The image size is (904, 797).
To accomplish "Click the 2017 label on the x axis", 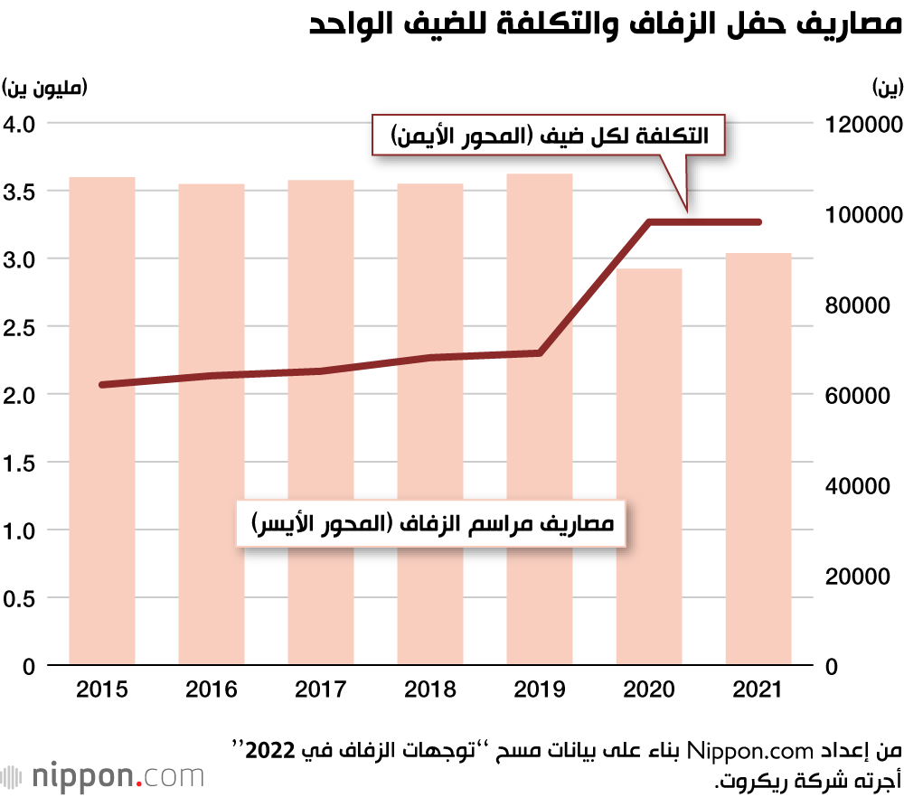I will (x=321, y=690).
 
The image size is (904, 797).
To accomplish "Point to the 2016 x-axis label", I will (x=212, y=690).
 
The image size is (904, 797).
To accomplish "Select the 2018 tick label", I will (x=430, y=690).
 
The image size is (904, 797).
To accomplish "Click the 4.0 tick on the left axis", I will (x=20, y=123).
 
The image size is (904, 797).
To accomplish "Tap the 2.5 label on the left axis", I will (x=20, y=327).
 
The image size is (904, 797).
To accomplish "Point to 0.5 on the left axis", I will (x=20, y=599).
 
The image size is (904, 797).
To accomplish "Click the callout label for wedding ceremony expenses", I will (x=431, y=524).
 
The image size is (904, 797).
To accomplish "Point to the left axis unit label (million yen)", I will (x=45, y=88).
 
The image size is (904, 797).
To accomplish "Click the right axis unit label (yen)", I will (x=885, y=88).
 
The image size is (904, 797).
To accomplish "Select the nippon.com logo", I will (x=102, y=775).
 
